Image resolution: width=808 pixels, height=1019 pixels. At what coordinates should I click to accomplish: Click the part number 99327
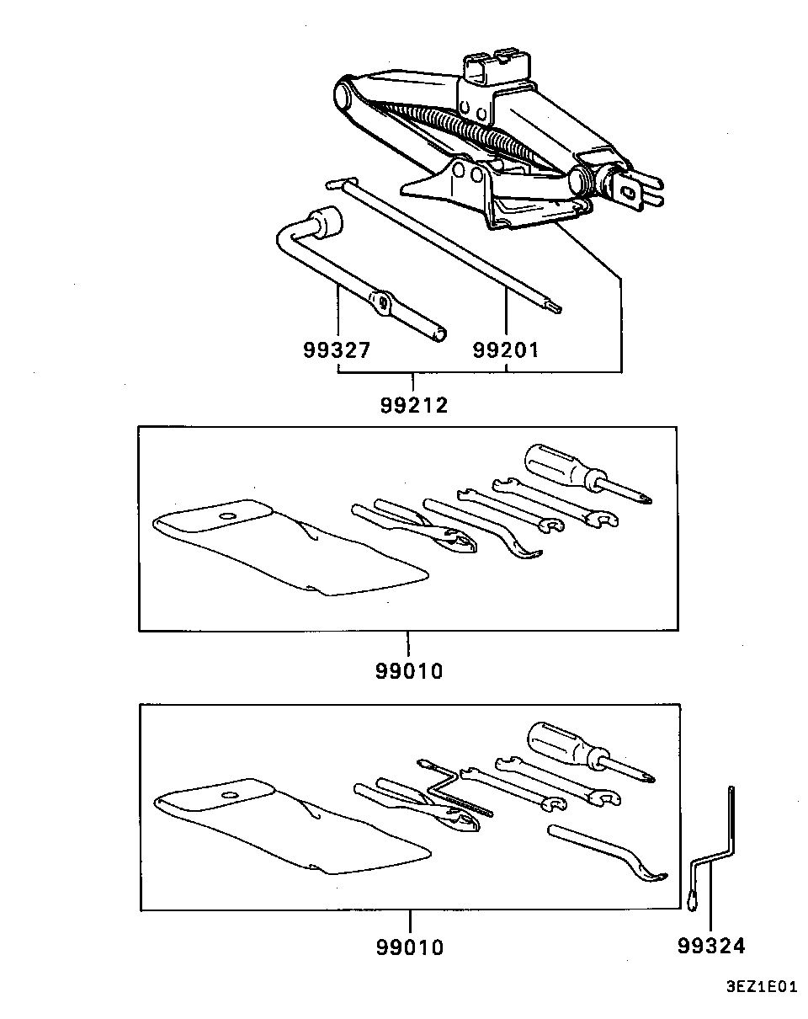(337, 350)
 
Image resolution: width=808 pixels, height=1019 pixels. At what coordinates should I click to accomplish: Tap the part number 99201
(506, 350)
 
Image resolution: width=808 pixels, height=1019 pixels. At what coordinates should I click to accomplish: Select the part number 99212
(414, 405)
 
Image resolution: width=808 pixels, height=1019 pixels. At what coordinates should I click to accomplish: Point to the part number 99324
(711, 946)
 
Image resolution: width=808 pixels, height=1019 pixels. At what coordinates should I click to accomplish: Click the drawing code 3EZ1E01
(761, 999)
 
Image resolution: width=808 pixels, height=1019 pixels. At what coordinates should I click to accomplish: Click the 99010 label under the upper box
(409, 671)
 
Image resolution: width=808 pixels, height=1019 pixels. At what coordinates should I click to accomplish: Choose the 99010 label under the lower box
(410, 947)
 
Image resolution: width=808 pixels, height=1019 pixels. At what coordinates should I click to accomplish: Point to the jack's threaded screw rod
(464, 131)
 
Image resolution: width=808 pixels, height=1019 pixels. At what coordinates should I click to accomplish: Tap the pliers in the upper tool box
(415, 526)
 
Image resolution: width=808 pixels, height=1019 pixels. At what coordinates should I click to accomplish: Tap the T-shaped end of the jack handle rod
(342, 183)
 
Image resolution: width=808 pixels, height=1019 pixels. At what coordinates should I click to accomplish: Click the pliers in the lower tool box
(417, 805)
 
